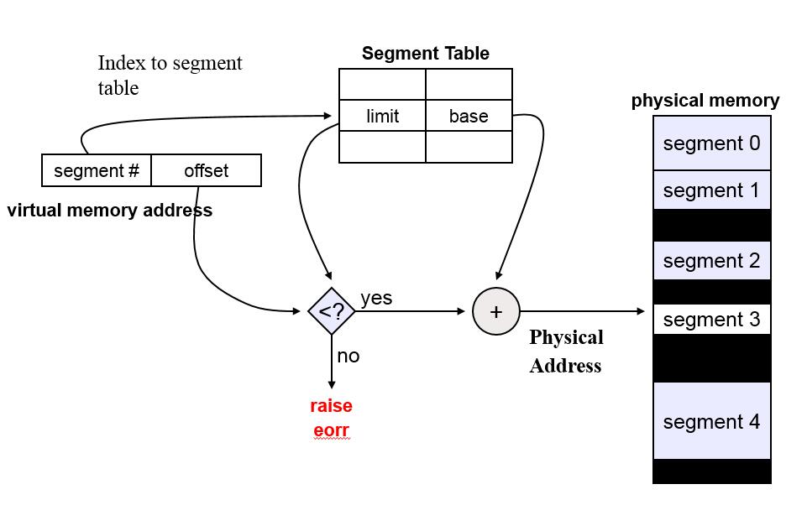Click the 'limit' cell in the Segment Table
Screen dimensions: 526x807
382,117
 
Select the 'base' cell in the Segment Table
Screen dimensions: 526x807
469,117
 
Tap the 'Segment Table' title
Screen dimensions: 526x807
425,54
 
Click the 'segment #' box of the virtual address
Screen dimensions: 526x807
97,171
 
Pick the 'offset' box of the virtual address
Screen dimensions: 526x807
206,171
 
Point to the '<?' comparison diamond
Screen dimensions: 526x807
332,311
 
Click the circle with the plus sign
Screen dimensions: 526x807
496,311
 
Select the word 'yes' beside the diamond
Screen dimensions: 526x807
376,298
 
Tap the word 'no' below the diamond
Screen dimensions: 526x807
348,356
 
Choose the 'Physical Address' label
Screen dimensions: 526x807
566,351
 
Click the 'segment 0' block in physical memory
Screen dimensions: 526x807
711,143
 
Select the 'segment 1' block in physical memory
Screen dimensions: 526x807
711,190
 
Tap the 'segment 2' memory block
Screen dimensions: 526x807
711,261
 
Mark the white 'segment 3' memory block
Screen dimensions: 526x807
711,320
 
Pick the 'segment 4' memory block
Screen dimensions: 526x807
711,421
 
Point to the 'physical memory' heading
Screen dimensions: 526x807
705,101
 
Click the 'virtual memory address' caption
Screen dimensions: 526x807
110,211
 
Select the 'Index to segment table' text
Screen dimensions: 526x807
170,75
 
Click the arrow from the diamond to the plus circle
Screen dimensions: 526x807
411,311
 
